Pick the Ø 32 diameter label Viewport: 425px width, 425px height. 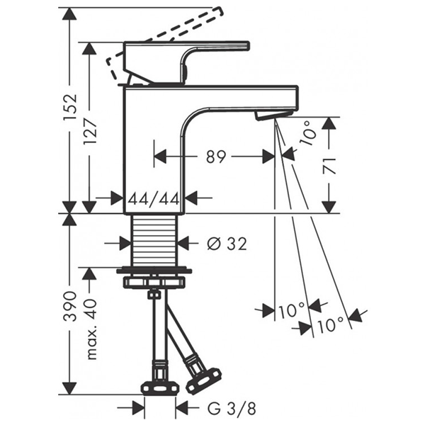[226, 244]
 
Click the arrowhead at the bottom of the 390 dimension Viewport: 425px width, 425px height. [69, 387]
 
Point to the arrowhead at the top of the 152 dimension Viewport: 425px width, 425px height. [69, 15]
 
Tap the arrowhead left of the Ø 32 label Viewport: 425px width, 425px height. [125, 243]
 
